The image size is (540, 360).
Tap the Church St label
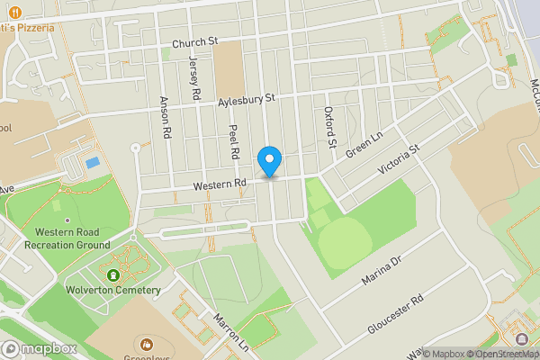(x=196, y=41)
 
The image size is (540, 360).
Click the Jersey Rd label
(x=193, y=77)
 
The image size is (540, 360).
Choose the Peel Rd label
(x=233, y=140)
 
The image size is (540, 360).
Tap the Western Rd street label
(x=220, y=184)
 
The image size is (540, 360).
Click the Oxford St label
(x=329, y=127)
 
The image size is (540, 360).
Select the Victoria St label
(x=399, y=160)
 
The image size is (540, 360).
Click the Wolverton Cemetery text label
(x=113, y=290)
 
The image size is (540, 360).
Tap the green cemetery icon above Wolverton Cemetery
(x=113, y=274)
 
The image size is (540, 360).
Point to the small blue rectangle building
(x=92, y=163)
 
